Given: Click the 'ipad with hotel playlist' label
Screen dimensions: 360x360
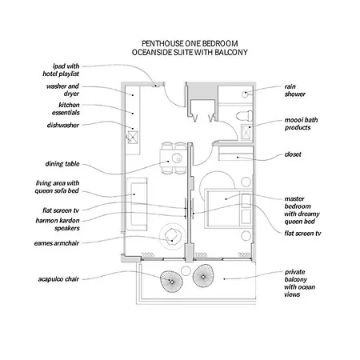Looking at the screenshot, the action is coord(61,70).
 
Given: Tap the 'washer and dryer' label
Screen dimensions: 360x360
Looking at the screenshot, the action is coord(63,90).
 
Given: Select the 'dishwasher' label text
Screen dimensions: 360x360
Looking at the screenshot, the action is coord(63,125).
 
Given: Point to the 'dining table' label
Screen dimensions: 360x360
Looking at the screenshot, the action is coord(62,164).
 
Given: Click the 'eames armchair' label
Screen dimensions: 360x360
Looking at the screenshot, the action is coord(57,243).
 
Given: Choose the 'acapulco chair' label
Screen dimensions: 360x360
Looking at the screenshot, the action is coord(58,279).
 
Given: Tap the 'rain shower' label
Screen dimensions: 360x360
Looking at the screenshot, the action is coord(295,90).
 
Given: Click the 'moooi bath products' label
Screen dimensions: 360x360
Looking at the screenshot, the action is coord(301,124).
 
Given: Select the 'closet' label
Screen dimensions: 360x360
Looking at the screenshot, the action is coord(293,154).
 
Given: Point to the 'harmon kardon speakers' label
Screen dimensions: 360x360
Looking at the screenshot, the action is coord(58,224).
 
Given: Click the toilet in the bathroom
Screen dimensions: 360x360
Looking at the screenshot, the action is coord(244,116).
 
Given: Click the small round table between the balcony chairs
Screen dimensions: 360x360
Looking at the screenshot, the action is coord(186,271).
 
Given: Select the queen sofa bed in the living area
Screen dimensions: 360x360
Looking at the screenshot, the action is coord(137,204).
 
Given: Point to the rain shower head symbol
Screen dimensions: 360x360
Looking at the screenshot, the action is coord(245,94).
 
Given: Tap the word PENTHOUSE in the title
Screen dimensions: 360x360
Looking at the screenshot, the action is coord(162,43).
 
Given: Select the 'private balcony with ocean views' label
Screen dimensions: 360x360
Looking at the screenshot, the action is coord(300,283).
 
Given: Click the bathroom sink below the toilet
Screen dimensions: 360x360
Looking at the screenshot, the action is coord(246,132).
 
